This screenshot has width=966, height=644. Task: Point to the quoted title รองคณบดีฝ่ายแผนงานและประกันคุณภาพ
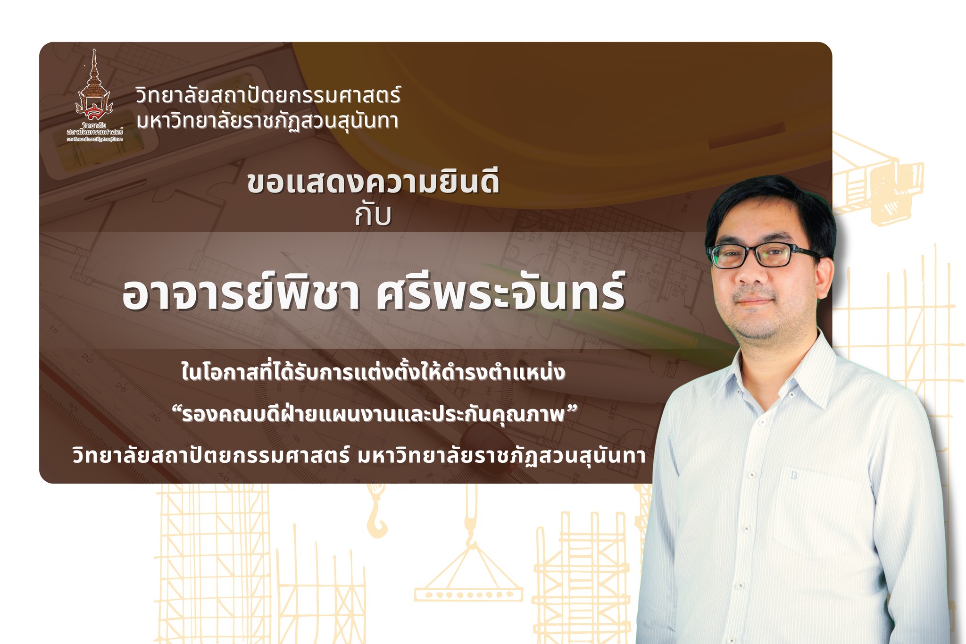pyautogui.click(x=373, y=415)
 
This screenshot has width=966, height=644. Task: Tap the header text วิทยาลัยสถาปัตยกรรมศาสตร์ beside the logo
pyautogui.click(x=268, y=95)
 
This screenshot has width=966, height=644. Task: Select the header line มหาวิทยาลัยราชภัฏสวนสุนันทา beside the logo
pyautogui.click(x=267, y=121)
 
